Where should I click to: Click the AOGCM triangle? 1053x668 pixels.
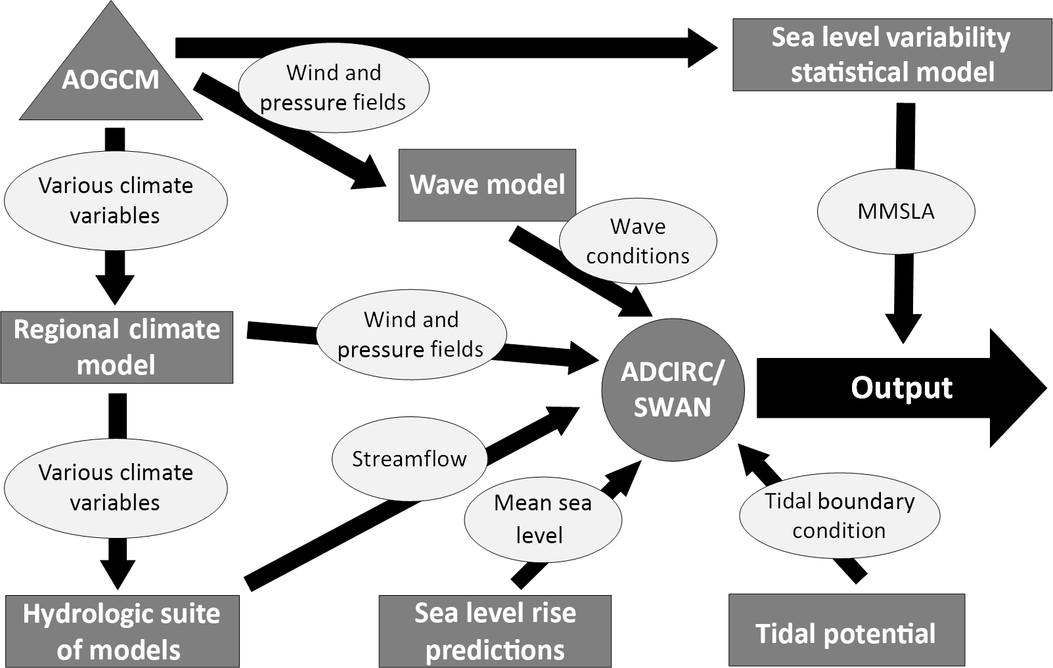[x=110, y=79]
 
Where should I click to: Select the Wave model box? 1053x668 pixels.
[x=487, y=185]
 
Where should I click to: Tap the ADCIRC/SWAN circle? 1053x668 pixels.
[x=673, y=389]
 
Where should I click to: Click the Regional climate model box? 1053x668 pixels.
[x=116, y=347]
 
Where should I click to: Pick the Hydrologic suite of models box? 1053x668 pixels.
[x=122, y=631]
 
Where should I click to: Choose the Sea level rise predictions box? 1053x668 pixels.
[x=495, y=631]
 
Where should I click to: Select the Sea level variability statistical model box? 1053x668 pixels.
[x=891, y=55]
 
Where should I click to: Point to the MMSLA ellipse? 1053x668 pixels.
[x=895, y=211]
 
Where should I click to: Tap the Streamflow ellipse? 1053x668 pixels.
[x=409, y=458]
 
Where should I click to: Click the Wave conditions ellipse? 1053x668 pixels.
[x=637, y=241]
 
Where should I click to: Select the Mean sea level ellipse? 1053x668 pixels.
[x=543, y=519]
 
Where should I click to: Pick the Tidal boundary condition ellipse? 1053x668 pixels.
[x=839, y=516]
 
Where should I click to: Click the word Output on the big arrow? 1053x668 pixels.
[x=901, y=388]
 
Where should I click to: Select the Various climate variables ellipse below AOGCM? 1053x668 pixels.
[x=116, y=200]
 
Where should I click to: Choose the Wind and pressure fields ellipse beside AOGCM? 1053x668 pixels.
[x=333, y=87]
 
